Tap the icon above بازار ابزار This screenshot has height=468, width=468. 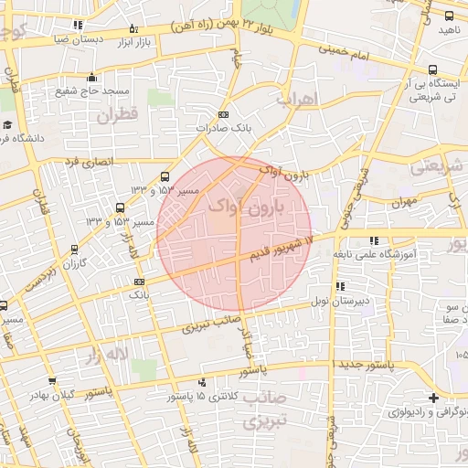pos(133,28)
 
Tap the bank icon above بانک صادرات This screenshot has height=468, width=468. pos(224,115)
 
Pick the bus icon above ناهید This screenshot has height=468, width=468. pos(448,16)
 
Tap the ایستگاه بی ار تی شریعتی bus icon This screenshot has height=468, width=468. pos(432,69)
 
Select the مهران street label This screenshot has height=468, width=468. pos(403,200)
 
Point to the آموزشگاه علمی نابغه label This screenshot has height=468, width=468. pos(385,253)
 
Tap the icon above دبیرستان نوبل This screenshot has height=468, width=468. pos(341,286)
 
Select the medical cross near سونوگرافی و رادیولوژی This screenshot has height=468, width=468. pos(433,397)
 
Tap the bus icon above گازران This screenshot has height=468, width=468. pos(74,249)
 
